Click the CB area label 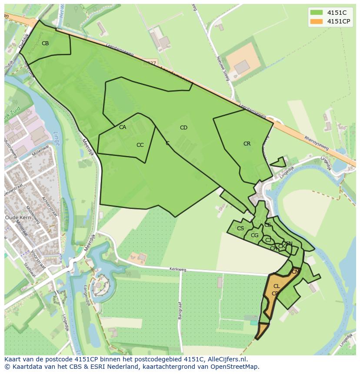[x=45, y=43]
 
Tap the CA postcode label [x=123, y=127]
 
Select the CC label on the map [x=140, y=145]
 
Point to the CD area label [x=183, y=128]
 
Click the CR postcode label [x=247, y=144]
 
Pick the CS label [x=240, y=228]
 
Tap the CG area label [x=255, y=235]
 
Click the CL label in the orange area [x=277, y=286]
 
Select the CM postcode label [x=296, y=272]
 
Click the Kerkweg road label [x=178, y=270]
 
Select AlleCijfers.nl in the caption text [x=228, y=359]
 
